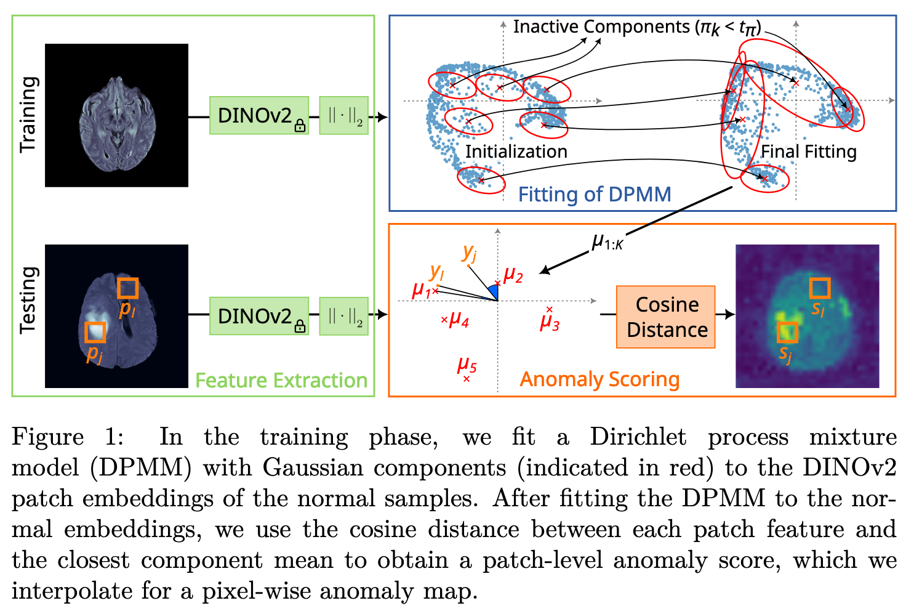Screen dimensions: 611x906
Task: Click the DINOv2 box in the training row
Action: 259,115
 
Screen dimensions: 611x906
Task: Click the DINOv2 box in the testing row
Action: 259,316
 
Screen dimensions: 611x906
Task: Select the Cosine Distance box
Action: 666,317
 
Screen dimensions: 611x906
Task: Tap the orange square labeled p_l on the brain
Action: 127,288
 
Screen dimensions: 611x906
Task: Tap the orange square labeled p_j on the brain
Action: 95,332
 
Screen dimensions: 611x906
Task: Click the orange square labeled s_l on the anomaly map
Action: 819,288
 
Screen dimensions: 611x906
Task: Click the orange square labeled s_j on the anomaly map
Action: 787,332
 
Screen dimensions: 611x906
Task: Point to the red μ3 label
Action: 550,322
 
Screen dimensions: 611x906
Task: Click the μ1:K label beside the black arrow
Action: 607,242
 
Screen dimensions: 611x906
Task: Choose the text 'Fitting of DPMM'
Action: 595,195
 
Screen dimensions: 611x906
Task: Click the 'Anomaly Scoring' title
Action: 599,379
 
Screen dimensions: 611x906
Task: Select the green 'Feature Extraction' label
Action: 281,381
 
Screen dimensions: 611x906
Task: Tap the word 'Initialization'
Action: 516,152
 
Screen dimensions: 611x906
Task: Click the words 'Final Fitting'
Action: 809,152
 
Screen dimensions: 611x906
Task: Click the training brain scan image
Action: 117,115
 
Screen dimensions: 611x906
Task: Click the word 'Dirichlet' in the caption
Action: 638,437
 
